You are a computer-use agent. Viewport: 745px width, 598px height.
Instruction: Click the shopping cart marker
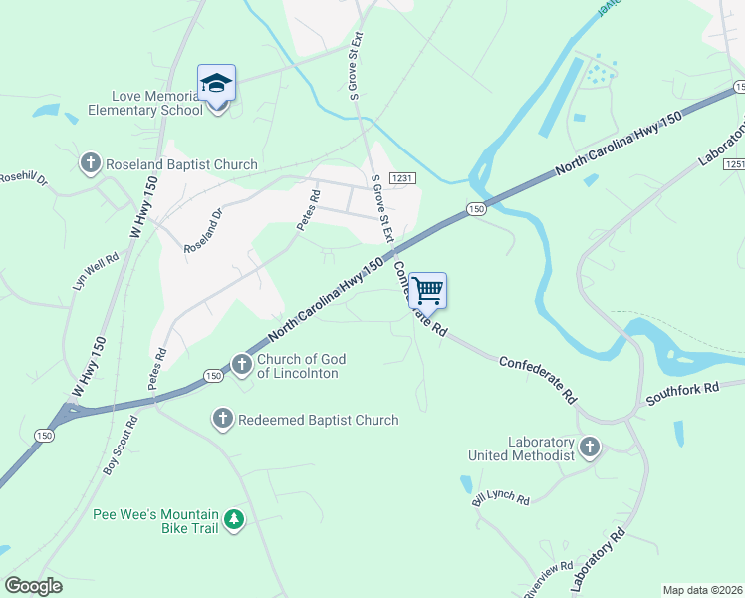coord(427,291)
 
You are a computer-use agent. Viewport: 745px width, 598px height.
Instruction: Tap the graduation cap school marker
coord(216,83)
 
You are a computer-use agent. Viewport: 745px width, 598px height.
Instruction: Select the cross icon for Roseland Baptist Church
coord(90,163)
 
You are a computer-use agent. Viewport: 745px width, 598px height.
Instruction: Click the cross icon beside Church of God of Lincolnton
coord(241,366)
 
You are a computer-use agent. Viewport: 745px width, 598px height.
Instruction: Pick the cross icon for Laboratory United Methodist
coord(591,448)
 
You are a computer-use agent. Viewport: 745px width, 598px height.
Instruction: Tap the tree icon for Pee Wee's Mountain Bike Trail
coord(233,520)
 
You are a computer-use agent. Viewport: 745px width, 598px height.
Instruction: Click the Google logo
coord(34,586)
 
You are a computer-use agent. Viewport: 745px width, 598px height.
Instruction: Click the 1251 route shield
coord(735,163)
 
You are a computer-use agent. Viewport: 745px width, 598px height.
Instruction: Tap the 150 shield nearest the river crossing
coord(475,209)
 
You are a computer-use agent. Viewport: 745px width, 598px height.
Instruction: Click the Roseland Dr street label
coord(203,230)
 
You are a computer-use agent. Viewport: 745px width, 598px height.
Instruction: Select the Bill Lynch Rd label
coord(502,496)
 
